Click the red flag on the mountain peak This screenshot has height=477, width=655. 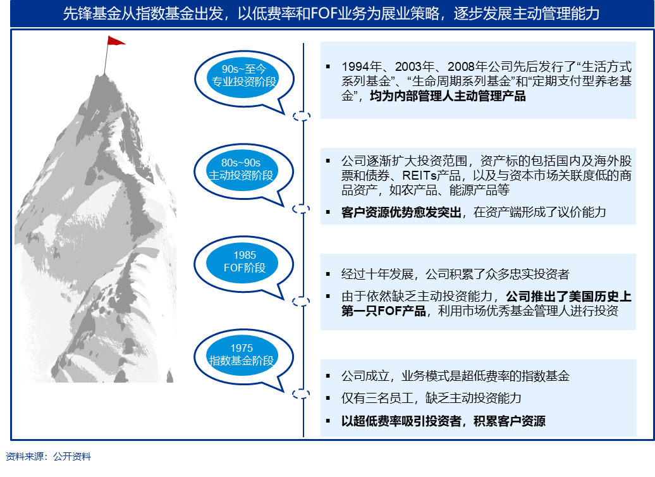click(x=116, y=40)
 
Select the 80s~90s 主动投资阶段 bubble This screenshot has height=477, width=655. click(x=243, y=172)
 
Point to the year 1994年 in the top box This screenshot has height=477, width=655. click(x=362, y=66)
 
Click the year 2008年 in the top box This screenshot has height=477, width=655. click(x=468, y=66)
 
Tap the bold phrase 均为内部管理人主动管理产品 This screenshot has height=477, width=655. click(x=448, y=96)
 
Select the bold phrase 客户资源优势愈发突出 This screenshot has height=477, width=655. click(x=401, y=213)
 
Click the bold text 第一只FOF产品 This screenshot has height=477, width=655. click(x=384, y=311)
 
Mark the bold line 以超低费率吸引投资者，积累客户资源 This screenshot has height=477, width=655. click(x=443, y=421)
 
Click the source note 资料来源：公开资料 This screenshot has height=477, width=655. click(x=49, y=457)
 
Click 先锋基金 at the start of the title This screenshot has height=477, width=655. click(x=87, y=14)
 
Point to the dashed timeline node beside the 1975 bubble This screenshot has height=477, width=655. click(x=301, y=393)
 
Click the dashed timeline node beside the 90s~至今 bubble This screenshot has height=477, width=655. click(x=301, y=116)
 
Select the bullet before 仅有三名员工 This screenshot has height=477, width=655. click(x=328, y=398)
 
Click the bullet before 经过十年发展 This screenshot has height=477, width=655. click(x=328, y=275)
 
